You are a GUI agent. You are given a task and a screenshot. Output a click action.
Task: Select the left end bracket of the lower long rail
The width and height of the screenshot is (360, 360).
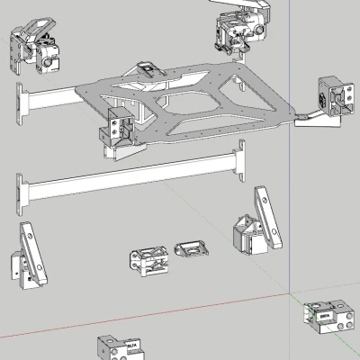pos(21,191)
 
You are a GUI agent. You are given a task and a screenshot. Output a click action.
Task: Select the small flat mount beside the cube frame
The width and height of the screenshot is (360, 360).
pos(189,247)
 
